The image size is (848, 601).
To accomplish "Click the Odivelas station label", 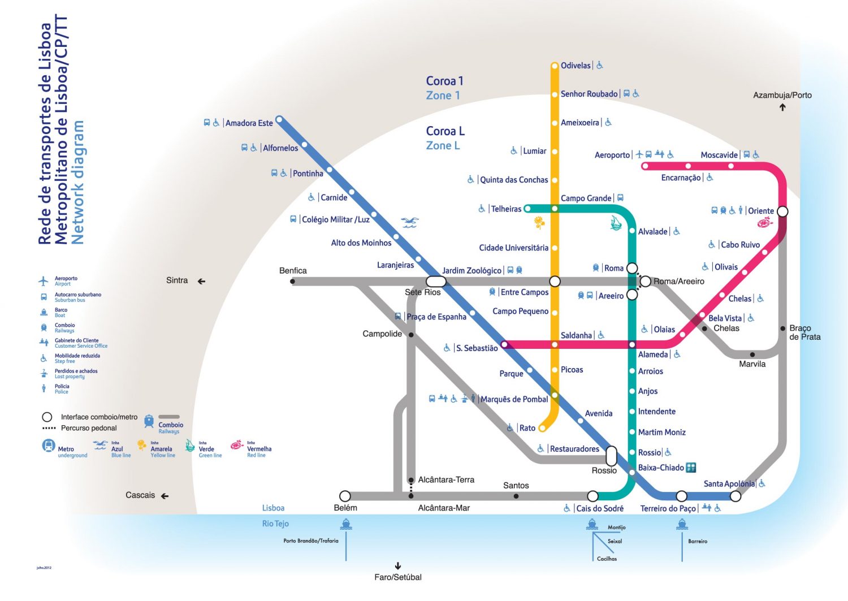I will (576, 66).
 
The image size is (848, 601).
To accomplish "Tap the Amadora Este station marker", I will (279, 120).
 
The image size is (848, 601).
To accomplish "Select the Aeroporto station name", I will (612, 155).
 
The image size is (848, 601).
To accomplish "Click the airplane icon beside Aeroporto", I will (639, 154).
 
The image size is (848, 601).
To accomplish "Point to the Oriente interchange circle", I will (782, 211).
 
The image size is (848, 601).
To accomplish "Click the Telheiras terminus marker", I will (527, 209).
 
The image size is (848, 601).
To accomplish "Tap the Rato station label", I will (527, 428).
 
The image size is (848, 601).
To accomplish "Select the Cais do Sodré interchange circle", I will (592, 496).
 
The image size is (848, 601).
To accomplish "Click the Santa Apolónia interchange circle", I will (735, 496).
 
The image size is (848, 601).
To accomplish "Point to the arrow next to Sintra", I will (201, 281).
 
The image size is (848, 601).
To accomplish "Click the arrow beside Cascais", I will (165, 496).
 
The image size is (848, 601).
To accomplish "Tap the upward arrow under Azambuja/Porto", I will (782, 107).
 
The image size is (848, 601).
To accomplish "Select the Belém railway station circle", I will (345, 496).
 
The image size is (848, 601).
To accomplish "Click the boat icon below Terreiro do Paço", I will (682, 525).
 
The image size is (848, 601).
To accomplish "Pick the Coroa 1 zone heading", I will (444, 81).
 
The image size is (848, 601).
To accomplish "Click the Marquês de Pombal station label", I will (514, 399).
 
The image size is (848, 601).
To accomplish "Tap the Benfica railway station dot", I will (292, 281).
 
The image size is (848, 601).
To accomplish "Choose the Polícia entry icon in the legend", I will (44, 388).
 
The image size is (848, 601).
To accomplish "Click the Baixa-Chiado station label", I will (661, 468).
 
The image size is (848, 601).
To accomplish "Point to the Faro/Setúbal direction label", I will (398, 577).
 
